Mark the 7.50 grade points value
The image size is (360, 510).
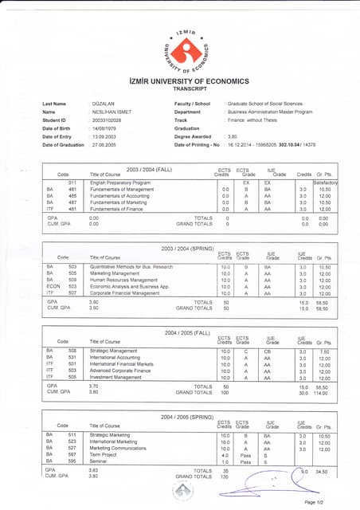[x=324, y=351]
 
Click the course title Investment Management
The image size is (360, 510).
[x=119, y=377]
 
